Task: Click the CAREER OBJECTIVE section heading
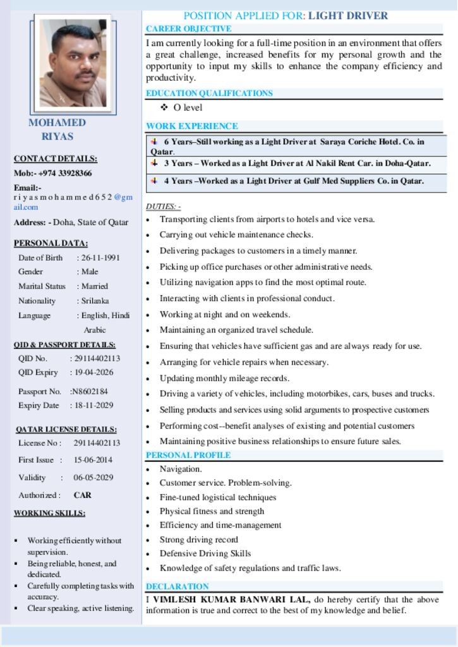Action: click(x=188, y=28)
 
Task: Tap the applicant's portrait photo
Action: click(x=73, y=63)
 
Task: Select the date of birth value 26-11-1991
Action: click(x=100, y=258)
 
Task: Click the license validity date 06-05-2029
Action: click(x=93, y=478)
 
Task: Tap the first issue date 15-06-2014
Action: click(x=93, y=460)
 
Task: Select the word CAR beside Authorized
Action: click(x=82, y=495)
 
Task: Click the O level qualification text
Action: click(x=188, y=107)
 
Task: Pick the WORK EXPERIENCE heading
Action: click(x=192, y=126)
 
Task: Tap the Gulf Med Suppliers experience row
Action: click(x=294, y=181)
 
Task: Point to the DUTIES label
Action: click(x=164, y=207)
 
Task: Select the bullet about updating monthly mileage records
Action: click(x=224, y=378)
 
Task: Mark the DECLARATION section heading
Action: click(x=177, y=586)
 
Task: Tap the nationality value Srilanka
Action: click(x=95, y=301)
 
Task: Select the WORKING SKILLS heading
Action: click(x=49, y=513)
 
